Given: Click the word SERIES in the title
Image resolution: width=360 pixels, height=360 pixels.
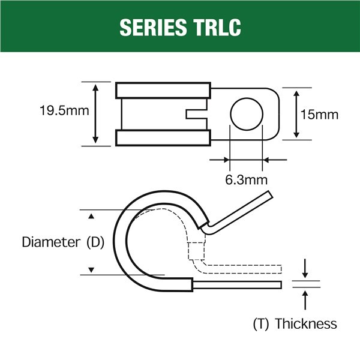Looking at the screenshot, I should (153, 27).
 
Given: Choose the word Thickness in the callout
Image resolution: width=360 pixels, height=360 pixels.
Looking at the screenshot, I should (306, 324).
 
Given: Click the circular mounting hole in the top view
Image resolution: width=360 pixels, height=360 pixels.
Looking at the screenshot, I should (246, 113).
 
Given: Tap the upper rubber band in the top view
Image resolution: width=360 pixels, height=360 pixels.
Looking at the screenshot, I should (163, 90).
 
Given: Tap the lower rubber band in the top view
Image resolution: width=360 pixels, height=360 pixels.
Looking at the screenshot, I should (163, 137).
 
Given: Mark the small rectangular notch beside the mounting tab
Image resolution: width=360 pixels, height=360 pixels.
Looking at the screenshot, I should (196, 113).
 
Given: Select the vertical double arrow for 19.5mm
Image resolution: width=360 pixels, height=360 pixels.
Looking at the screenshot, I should (95, 113).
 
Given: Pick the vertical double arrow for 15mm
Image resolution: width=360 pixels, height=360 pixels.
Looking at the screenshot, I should (296, 113).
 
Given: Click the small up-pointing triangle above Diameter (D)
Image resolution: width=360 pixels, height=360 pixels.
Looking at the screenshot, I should (91, 215).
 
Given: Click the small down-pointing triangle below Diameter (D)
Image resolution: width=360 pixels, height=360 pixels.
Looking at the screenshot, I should (91, 270).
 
